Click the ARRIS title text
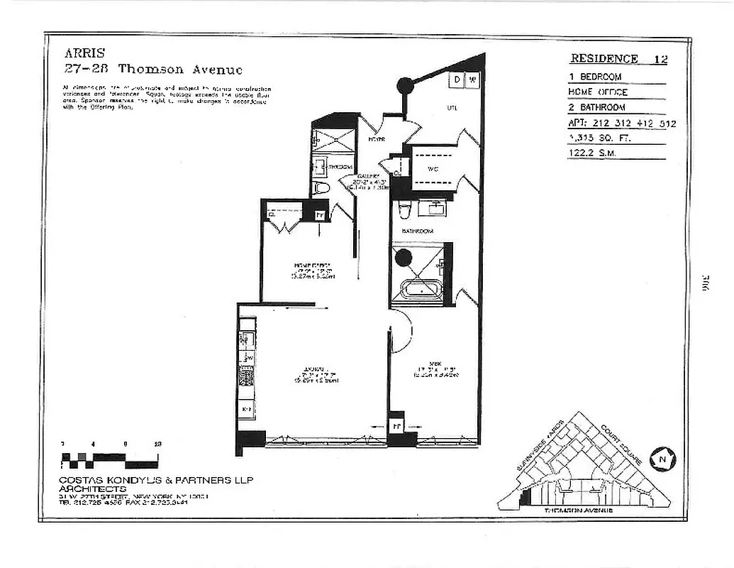[x=84, y=53]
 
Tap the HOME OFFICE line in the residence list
[x=599, y=92]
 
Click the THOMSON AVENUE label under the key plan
[x=577, y=510]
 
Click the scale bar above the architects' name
[x=110, y=458]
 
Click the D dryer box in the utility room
[x=457, y=80]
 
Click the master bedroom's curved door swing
[x=401, y=334]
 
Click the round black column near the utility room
[x=404, y=86]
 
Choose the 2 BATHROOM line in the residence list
[x=597, y=107]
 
